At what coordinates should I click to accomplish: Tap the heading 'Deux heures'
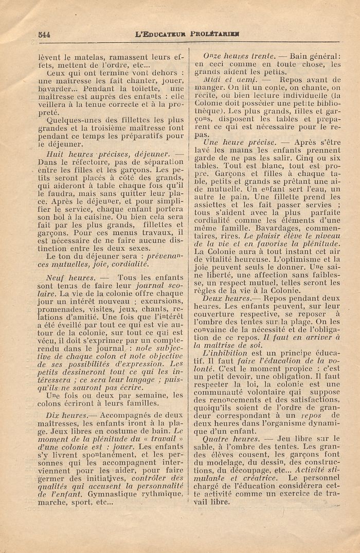coord(226,298)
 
